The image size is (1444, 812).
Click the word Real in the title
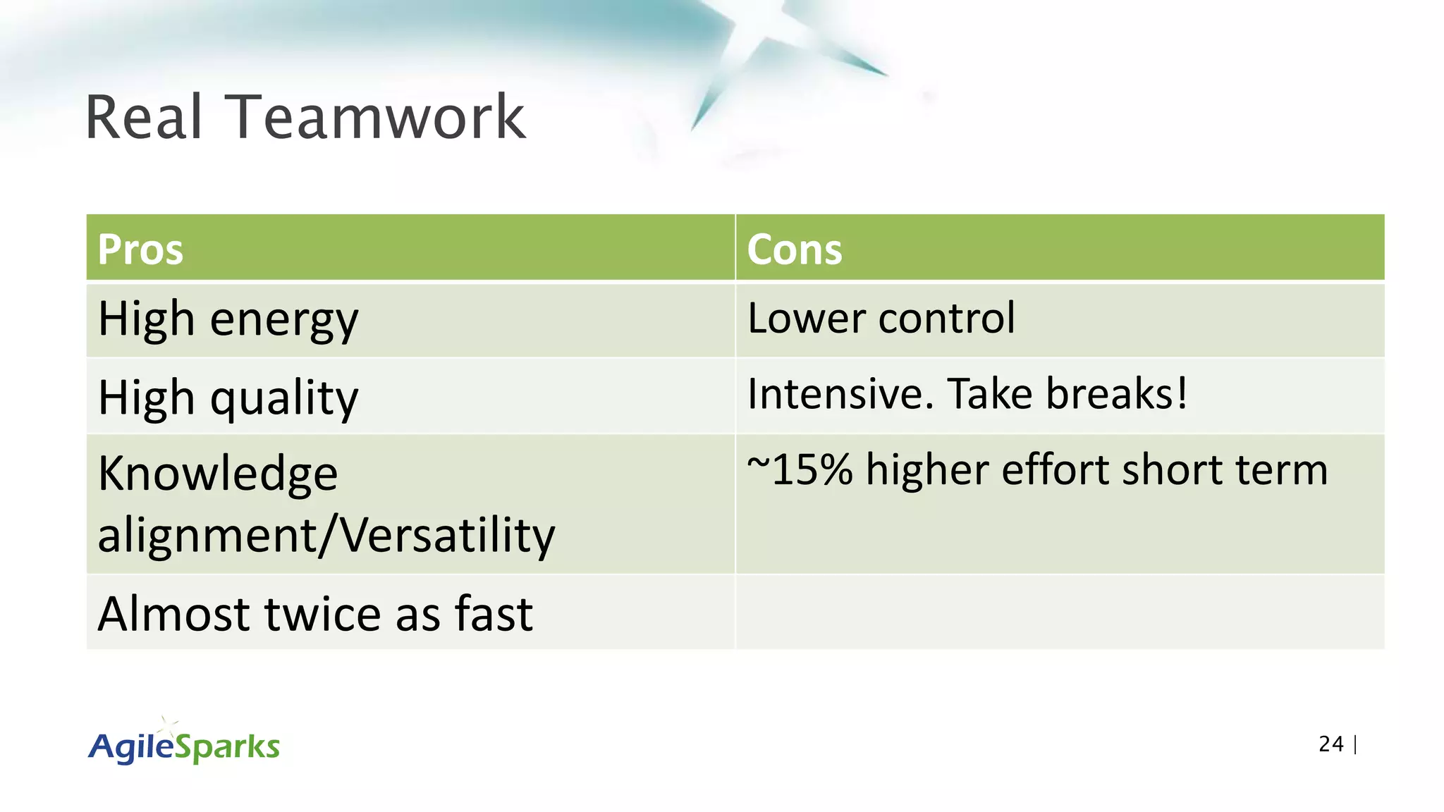(144, 117)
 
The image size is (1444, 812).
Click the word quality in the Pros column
(284, 398)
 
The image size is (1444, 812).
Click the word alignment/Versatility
(326, 535)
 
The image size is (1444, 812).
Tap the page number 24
(1330, 744)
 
